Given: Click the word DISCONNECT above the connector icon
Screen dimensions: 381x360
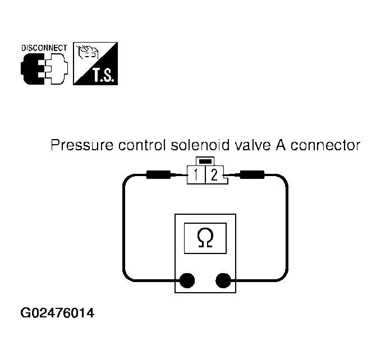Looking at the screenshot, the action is coord(44,48).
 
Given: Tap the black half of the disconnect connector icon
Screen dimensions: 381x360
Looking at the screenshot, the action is coord(32,68).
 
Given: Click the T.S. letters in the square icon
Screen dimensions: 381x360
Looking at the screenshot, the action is coord(104,75).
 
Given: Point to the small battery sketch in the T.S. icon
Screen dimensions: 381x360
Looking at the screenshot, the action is coord(88,52).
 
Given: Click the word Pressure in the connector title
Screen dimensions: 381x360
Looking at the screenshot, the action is coord(82,145).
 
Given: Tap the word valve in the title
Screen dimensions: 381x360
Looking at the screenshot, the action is coord(253,145).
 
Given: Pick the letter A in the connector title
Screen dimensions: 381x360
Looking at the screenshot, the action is coord(281,145).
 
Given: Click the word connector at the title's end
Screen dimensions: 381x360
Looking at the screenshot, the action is coord(325,146).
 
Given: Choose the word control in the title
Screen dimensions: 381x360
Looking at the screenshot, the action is coord(142,145).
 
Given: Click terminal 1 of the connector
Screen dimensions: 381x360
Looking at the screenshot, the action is coord(196,175).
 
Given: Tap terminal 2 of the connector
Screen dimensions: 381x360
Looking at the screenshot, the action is coord(214,175).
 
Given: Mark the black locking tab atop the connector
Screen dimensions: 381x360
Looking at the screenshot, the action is coord(205,161).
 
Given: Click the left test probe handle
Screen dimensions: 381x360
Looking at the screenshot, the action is coord(158,174).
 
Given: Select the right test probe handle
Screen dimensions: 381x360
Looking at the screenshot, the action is coord(252,174).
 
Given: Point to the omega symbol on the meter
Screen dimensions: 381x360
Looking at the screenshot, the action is coord(205,238).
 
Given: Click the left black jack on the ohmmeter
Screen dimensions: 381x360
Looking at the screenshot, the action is coord(187,280).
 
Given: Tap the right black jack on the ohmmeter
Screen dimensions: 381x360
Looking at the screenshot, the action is coord(223,280).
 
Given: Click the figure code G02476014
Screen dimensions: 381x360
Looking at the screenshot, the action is coord(57,313).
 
